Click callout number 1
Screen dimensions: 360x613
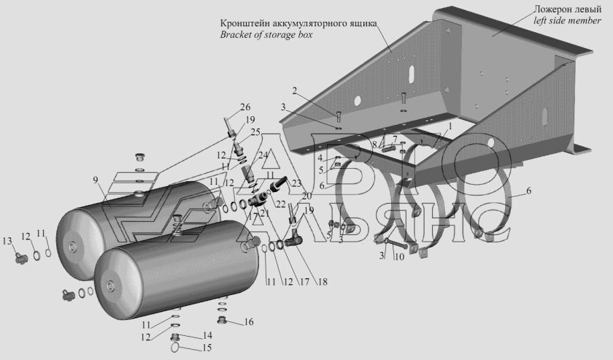click(x=450, y=126)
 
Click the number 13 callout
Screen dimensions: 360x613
click(x=7, y=241)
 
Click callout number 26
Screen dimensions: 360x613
click(x=244, y=107)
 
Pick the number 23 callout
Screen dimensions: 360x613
click(x=297, y=184)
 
